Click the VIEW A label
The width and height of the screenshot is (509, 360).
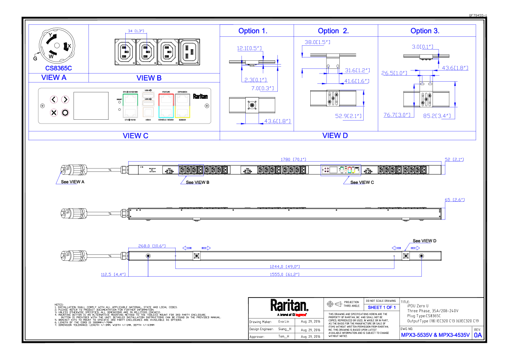(54, 77)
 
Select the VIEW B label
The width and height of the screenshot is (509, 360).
(149, 78)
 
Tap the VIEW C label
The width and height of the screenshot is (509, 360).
(135, 136)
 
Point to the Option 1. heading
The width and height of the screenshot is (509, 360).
(253, 31)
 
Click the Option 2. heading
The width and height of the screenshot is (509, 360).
(333, 31)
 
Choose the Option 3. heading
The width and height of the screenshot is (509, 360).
(425, 31)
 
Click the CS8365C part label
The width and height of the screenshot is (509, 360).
(59, 68)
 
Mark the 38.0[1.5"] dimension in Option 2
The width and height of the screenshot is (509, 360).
(317, 42)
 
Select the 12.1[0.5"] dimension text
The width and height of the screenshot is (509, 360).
(249, 48)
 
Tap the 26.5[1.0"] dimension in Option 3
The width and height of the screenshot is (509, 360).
(394, 73)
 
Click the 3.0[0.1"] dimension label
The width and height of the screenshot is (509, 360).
(423, 47)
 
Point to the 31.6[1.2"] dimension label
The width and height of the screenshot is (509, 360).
(357, 71)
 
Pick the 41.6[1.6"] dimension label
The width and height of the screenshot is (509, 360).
(356, 81)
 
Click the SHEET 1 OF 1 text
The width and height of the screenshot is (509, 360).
(382, 308)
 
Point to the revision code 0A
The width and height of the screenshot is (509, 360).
(478, 335)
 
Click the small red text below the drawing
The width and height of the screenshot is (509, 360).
(300, 315)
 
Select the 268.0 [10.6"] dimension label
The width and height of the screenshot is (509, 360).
(152, 246)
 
